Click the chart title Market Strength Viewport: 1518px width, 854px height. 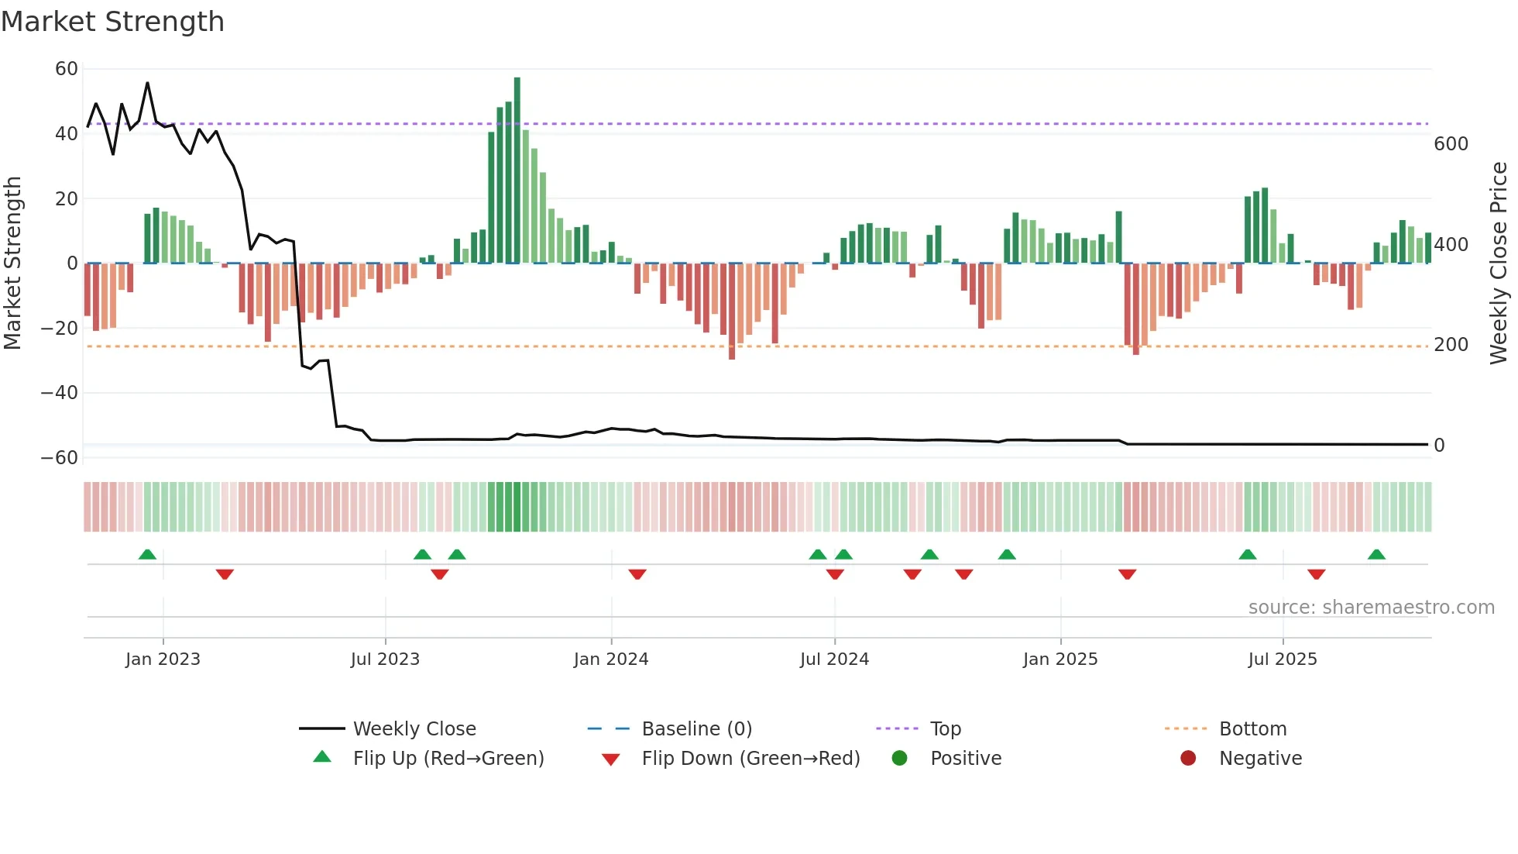[112, 22]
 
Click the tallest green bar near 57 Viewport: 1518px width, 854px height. [517, 170]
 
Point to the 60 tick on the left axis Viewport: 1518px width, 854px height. [67, 69]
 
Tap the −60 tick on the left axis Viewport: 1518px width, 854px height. [60, 458]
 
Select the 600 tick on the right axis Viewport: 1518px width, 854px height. [1451, 144]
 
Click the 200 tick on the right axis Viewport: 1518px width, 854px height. [1451, 345]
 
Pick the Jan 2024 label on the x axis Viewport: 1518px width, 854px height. [610, 659]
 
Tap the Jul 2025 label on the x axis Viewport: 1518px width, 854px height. [1282, 659]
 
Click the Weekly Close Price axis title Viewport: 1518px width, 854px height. [1499, 263]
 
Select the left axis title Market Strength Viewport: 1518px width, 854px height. [13, 263]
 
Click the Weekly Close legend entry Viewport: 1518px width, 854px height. [414, 729]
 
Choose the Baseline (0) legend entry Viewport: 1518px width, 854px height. [696, 729]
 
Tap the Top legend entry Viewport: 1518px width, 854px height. [945, 729]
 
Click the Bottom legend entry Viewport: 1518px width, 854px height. [1252, 729]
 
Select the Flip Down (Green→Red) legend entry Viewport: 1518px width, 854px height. [750, 759]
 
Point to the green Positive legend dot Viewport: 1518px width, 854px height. [899, 759]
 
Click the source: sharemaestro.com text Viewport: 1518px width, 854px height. [1371, 608]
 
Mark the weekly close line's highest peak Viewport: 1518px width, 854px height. [147, 83]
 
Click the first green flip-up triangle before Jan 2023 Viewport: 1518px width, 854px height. [147, 554]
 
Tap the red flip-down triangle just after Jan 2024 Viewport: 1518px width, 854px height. [637, 574]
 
